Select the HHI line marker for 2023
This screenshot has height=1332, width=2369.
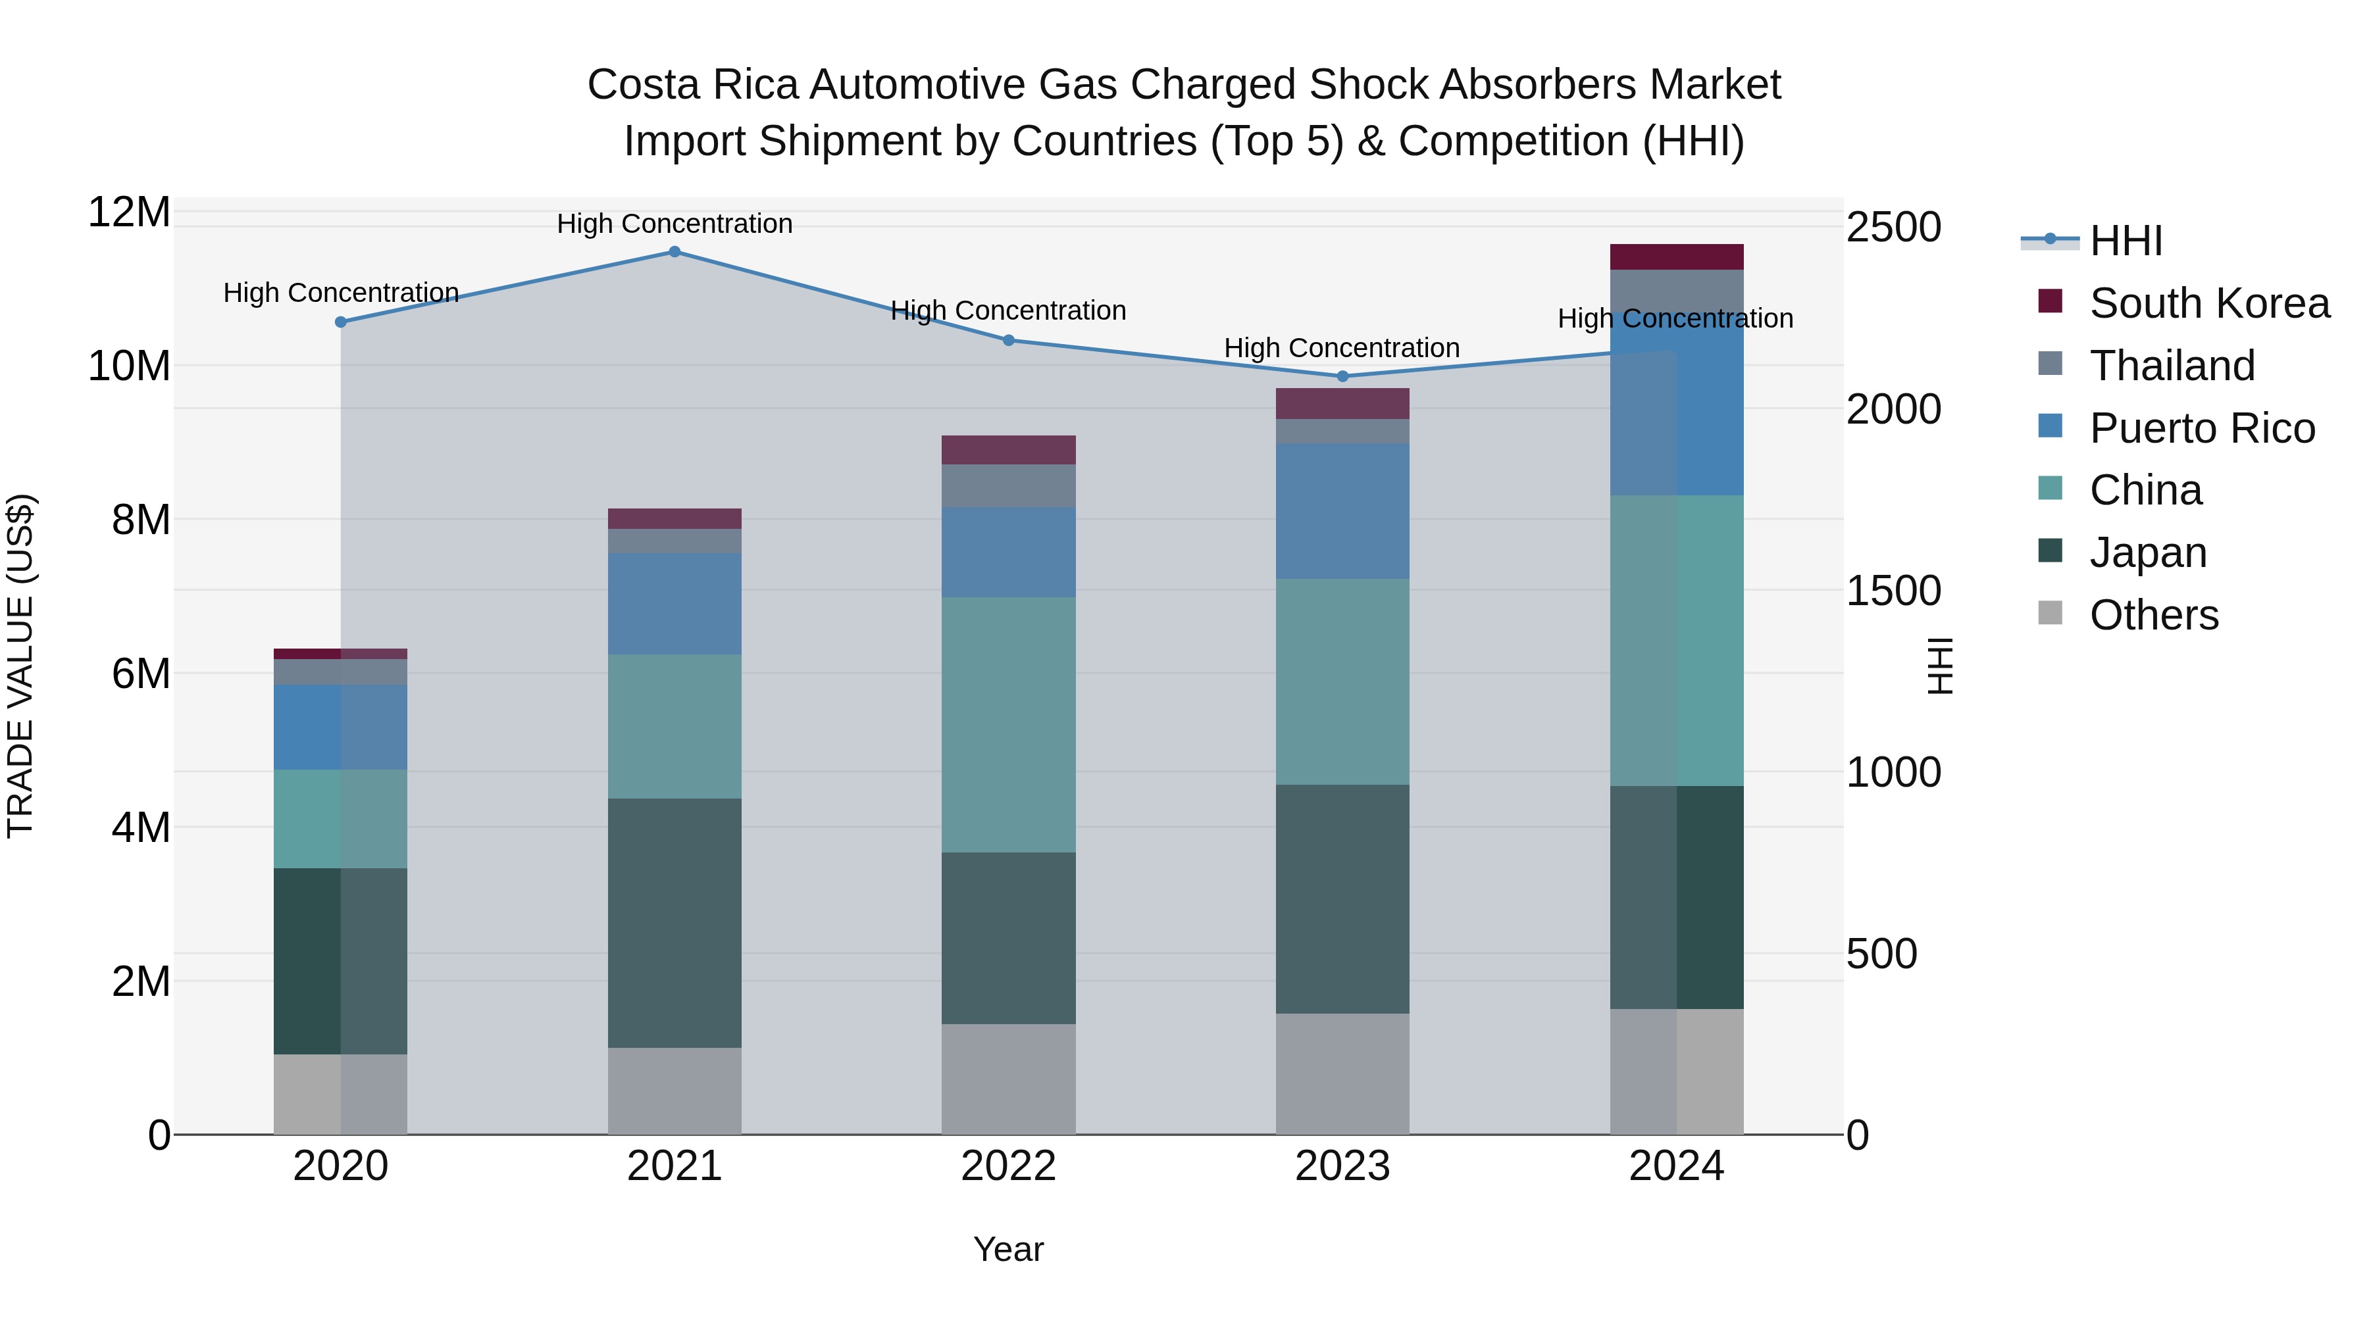point(1342,376)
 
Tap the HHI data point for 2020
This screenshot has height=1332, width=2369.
point(340,322)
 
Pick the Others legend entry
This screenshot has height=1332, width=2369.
point(2153,615)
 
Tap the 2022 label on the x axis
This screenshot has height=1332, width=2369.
point(1008,1166)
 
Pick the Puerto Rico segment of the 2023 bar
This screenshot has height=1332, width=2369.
point(1342,511)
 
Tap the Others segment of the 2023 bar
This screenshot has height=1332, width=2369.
point(1342,1073)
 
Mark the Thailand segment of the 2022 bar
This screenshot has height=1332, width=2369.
point(1008,485)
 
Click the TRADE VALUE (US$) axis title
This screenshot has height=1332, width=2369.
point(20,666)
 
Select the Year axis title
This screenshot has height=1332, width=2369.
point(1008,1249)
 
